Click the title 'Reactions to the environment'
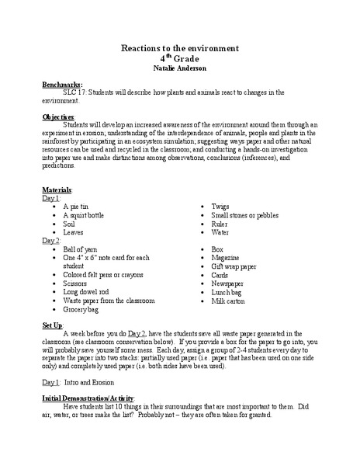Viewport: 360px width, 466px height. (x=179, y=48)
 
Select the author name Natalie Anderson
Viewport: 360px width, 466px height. (x=179, y=68)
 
